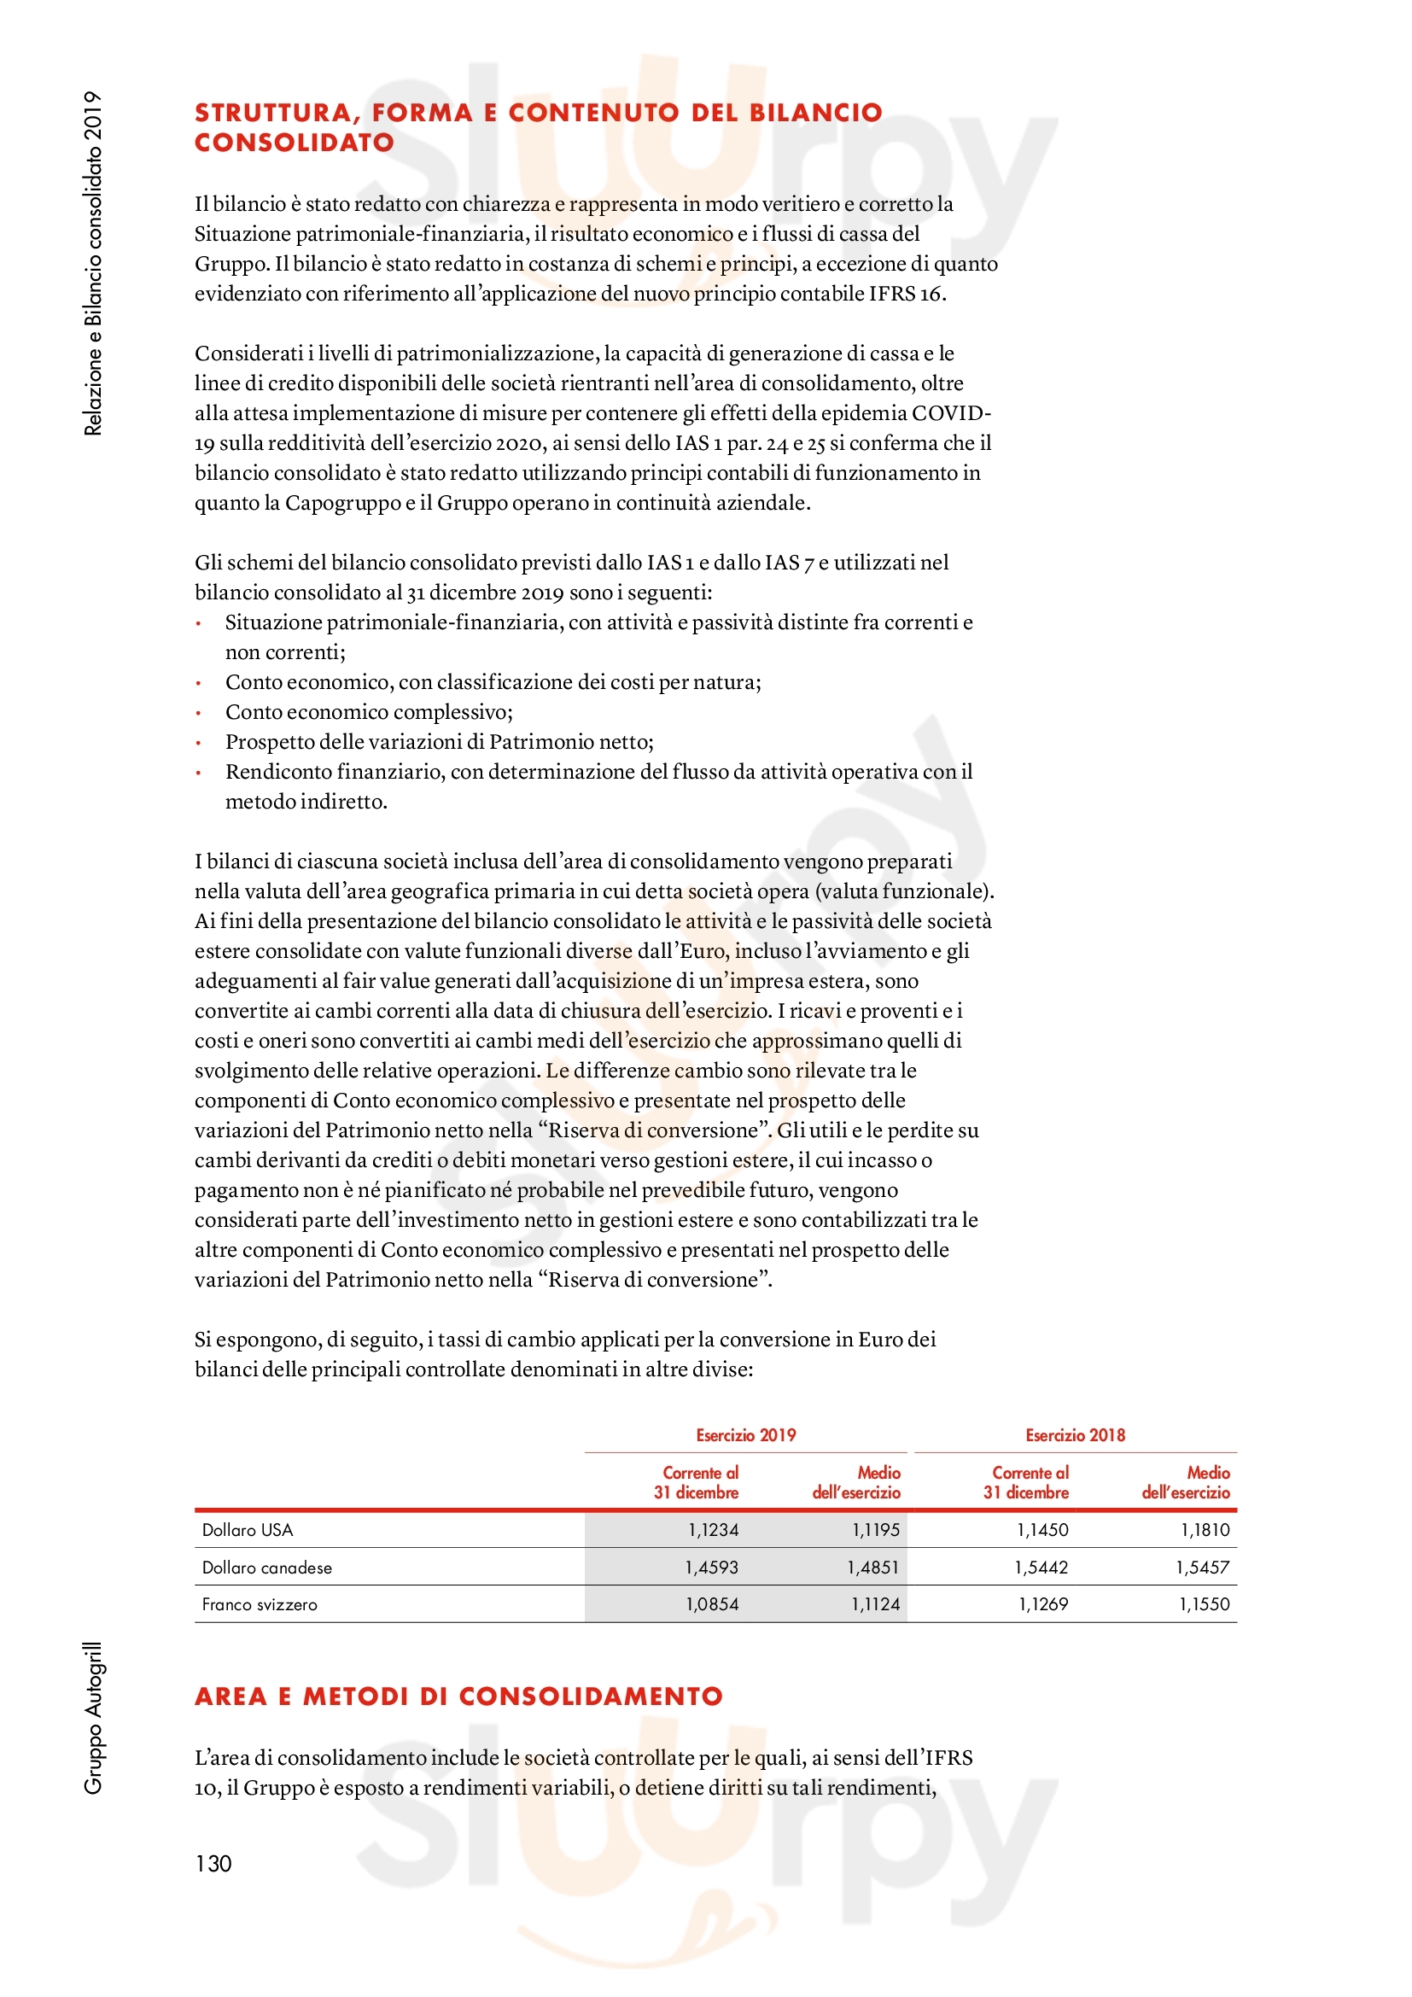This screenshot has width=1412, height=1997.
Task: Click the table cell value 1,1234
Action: point(713,1530)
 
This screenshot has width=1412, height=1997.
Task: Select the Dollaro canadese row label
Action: point(267,1568)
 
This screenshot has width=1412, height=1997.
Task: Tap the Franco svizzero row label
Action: point(260,1605)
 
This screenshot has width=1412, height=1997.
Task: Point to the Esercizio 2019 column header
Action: point(745,1435)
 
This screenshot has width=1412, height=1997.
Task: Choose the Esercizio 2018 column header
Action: point(1075,1435)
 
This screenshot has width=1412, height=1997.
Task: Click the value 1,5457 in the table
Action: point(1203,1568)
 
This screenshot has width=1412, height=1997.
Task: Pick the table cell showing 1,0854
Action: point(712,1605)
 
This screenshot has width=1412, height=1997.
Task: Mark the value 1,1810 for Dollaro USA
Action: point(1205,1530)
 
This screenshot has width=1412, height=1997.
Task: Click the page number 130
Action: point(213,1864)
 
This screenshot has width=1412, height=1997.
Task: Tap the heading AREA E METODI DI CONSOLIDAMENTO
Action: point(458,1696)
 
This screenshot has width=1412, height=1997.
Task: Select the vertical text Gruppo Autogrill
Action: point(93,1717)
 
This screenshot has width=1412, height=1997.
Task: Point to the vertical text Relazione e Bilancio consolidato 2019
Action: point(93,263)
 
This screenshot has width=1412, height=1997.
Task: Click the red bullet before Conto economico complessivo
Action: point(199,713)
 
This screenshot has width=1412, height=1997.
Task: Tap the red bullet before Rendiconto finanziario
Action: point(199,773)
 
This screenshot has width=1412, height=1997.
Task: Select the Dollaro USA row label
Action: point(247,1530)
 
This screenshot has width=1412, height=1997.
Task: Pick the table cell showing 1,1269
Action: point(1042,1605)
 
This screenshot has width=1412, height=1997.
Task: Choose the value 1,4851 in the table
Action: point(873,1568)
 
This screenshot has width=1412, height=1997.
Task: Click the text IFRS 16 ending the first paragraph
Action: point(906,294)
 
